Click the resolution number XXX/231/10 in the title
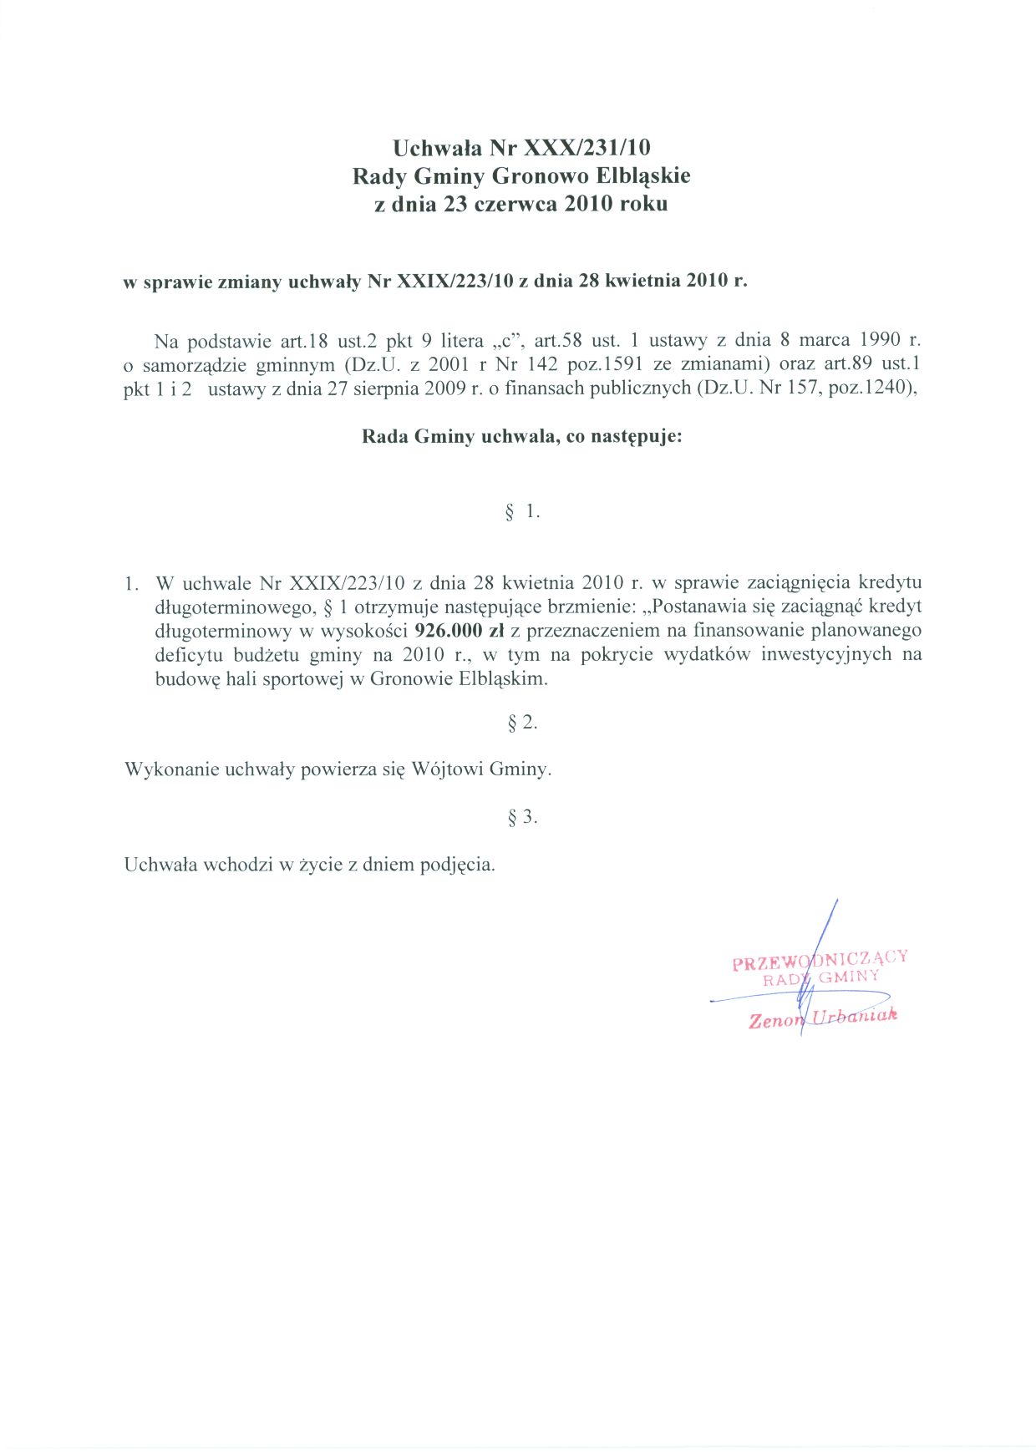click(x=587, y=149)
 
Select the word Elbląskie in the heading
click(x=643, y=176)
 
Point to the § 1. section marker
click(x=522, y=511)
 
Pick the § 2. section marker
click(x=522, y=723)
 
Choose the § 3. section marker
click(x=522, y=817)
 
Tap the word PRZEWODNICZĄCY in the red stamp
click(x=820, y=960)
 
